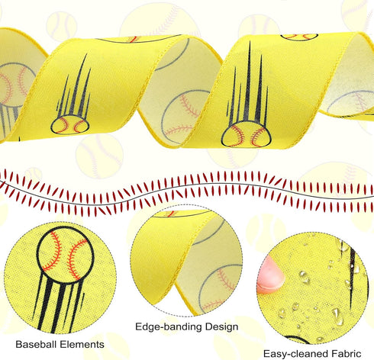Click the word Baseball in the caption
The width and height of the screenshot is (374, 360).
(36, 344)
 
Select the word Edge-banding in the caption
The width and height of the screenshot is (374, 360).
(169, 326)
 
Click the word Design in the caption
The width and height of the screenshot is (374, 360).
(221, 326)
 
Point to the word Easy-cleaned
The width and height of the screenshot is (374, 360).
(295, 354)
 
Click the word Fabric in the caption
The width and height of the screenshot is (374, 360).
(347, 353)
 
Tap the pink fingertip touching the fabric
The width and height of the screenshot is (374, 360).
(270, 275)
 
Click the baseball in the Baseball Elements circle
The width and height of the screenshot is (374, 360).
(65, 255)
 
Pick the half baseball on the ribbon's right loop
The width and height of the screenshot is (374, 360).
(247, 134)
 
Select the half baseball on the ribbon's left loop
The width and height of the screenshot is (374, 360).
(70, 125)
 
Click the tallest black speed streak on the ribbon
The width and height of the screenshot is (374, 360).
(247, 82)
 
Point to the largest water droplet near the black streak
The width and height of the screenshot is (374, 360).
(337, 317)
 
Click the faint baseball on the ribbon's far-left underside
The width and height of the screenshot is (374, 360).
(13, 84)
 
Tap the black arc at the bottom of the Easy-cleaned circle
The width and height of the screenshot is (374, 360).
(296, 339)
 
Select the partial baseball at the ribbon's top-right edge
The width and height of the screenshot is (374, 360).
(299, 37)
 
